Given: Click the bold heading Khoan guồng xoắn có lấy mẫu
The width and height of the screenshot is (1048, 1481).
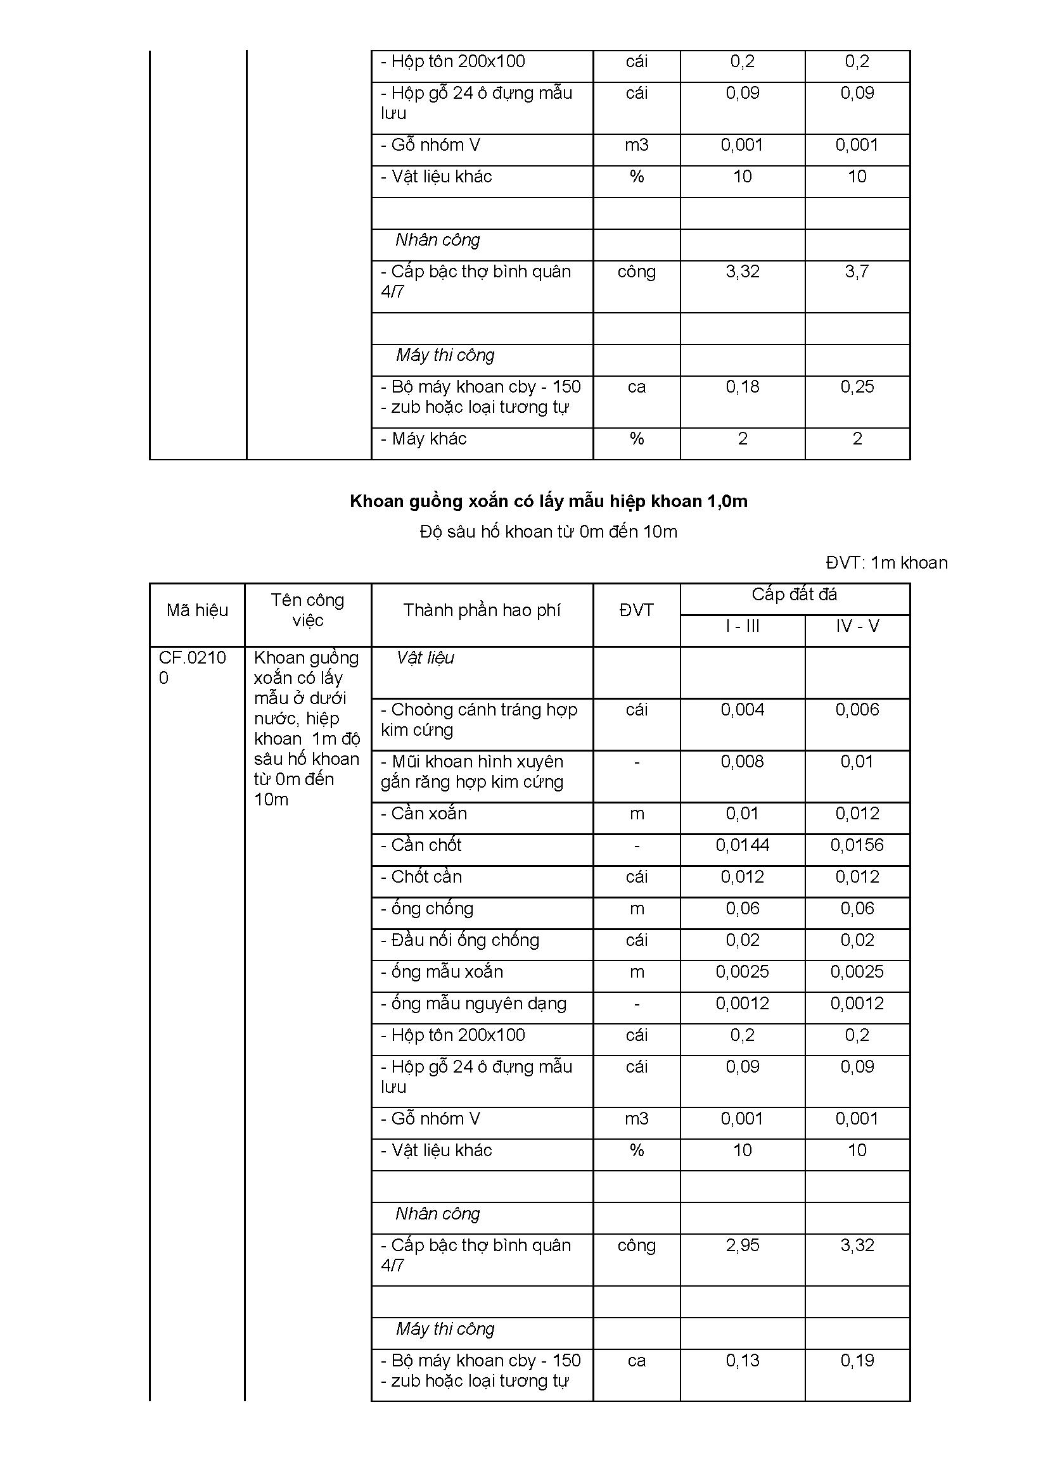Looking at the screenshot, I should pos(549,501).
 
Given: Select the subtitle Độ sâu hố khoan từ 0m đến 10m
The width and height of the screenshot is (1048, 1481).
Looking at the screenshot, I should pos(549,531).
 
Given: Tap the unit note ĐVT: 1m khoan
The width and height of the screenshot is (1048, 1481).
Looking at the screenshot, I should pos(886,562).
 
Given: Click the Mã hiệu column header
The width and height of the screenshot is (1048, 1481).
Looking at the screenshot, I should pos(197,610).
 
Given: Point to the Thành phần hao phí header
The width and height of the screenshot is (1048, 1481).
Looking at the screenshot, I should pos(482,610).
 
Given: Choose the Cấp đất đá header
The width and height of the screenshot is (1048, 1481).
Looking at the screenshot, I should pos(795,595).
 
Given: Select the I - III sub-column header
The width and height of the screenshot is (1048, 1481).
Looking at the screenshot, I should pos(742,626).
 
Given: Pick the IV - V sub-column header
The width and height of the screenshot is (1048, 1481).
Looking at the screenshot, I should pos(857,626).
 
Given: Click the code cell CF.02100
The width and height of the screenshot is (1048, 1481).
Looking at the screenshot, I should pos(193,667).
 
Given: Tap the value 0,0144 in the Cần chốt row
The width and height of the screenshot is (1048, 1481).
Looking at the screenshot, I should pos(742,845).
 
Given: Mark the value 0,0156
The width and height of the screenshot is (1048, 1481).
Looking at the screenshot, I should pos(857,845).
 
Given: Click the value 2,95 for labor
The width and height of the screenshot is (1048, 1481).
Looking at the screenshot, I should pos(742,1245).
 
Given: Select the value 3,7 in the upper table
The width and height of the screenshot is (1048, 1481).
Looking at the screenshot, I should pos(857,272).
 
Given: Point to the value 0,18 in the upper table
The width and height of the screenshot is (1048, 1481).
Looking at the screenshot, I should pos(742,387).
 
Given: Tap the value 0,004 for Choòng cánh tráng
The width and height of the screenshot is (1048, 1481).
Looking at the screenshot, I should pos(742,710).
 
